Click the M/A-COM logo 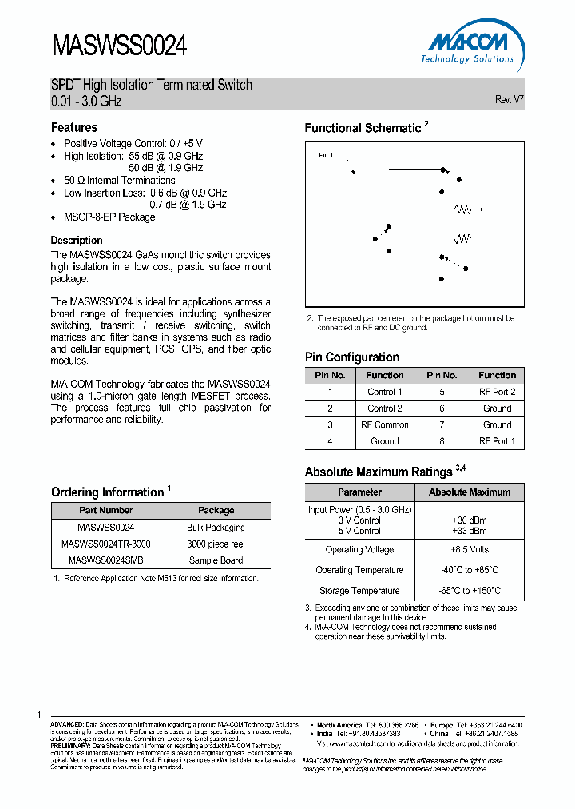467,46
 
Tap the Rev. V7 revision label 510,100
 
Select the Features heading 74,127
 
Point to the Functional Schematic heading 363,128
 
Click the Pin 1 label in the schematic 326,155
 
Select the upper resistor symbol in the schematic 463,209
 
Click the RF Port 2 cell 497,392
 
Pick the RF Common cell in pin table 384,424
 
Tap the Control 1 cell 384,392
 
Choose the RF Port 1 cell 497,441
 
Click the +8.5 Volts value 469,550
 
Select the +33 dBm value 469,531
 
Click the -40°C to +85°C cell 469,570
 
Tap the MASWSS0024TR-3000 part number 106,544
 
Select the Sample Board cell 216,560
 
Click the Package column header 216,510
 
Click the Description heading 77,240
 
